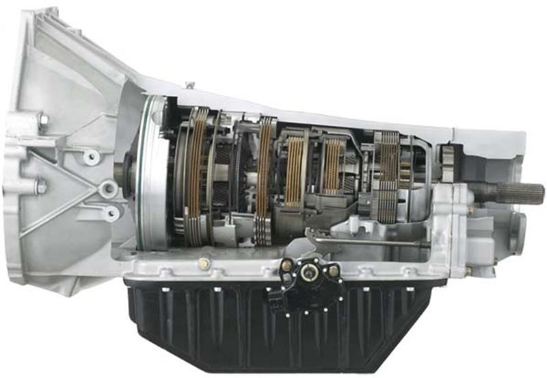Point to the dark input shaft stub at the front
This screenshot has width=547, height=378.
pos(124,171)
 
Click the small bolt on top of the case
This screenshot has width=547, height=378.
pos(190,85)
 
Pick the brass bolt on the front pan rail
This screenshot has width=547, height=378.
pos(203,263)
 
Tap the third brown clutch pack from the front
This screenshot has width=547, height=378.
pos(295,171)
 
